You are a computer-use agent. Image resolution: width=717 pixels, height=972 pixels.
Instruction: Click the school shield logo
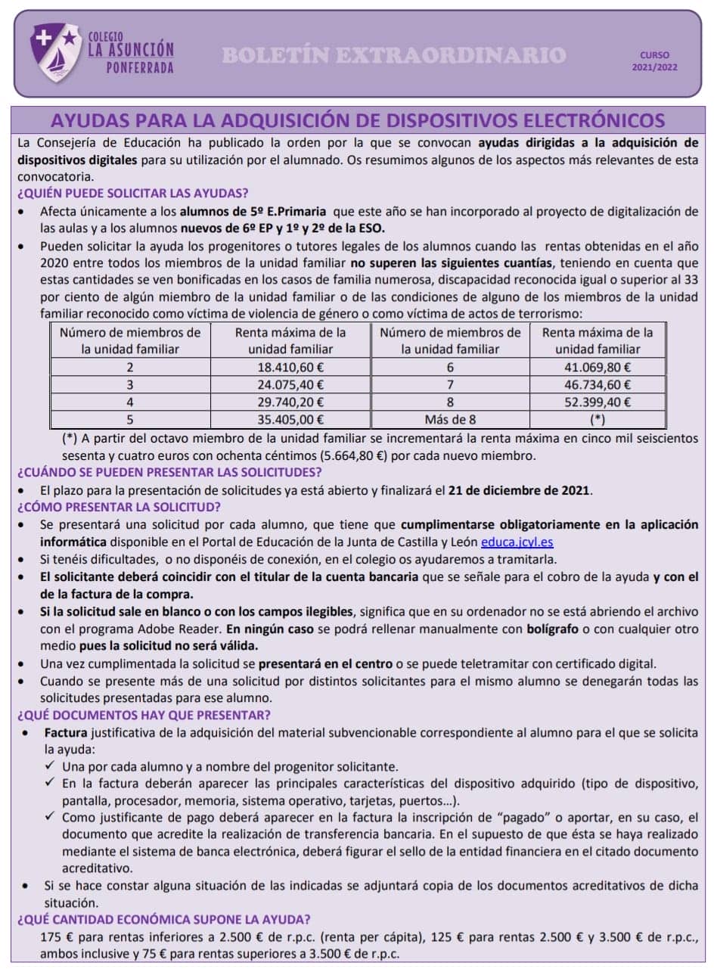tap(55, 53)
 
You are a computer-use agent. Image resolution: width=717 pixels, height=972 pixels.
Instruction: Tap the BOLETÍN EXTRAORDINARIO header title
tap(394, 55)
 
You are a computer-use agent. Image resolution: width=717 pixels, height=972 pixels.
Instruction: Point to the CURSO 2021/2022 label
tap(654, 61)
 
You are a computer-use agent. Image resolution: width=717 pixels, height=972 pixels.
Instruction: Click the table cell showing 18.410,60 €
tap(290, 367)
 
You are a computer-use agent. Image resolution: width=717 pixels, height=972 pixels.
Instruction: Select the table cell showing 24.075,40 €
tap(290, 385)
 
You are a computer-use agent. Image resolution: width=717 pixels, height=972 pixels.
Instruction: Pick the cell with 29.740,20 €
tap(290, 402)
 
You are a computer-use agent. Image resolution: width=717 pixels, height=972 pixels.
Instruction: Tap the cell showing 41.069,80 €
tap(597, 367)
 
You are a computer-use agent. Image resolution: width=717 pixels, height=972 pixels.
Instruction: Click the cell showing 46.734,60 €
tap(597, 385)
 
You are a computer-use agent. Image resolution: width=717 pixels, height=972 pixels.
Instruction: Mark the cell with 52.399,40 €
tap(597, 402)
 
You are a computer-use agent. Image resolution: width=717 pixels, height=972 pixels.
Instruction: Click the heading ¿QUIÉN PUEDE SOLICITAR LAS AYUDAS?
tap(132, 193)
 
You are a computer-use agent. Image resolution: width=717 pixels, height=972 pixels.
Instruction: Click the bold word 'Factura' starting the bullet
tap(66, 732)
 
